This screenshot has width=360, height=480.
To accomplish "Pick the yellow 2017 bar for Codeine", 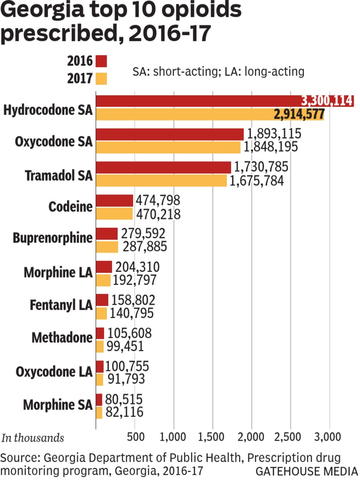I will pos(114,214).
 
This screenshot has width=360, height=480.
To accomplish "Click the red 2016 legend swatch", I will pos(101,61).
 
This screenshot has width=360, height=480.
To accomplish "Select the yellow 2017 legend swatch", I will pos(101,78).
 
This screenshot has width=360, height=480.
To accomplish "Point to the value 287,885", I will pos(145,247).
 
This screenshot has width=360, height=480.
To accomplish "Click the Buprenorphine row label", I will pos(53,238).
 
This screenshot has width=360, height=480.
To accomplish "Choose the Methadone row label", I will pos(62,337).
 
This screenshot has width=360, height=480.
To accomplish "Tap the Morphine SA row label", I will pos(58,404).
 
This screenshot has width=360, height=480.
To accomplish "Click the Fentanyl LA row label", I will pos(60,305).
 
